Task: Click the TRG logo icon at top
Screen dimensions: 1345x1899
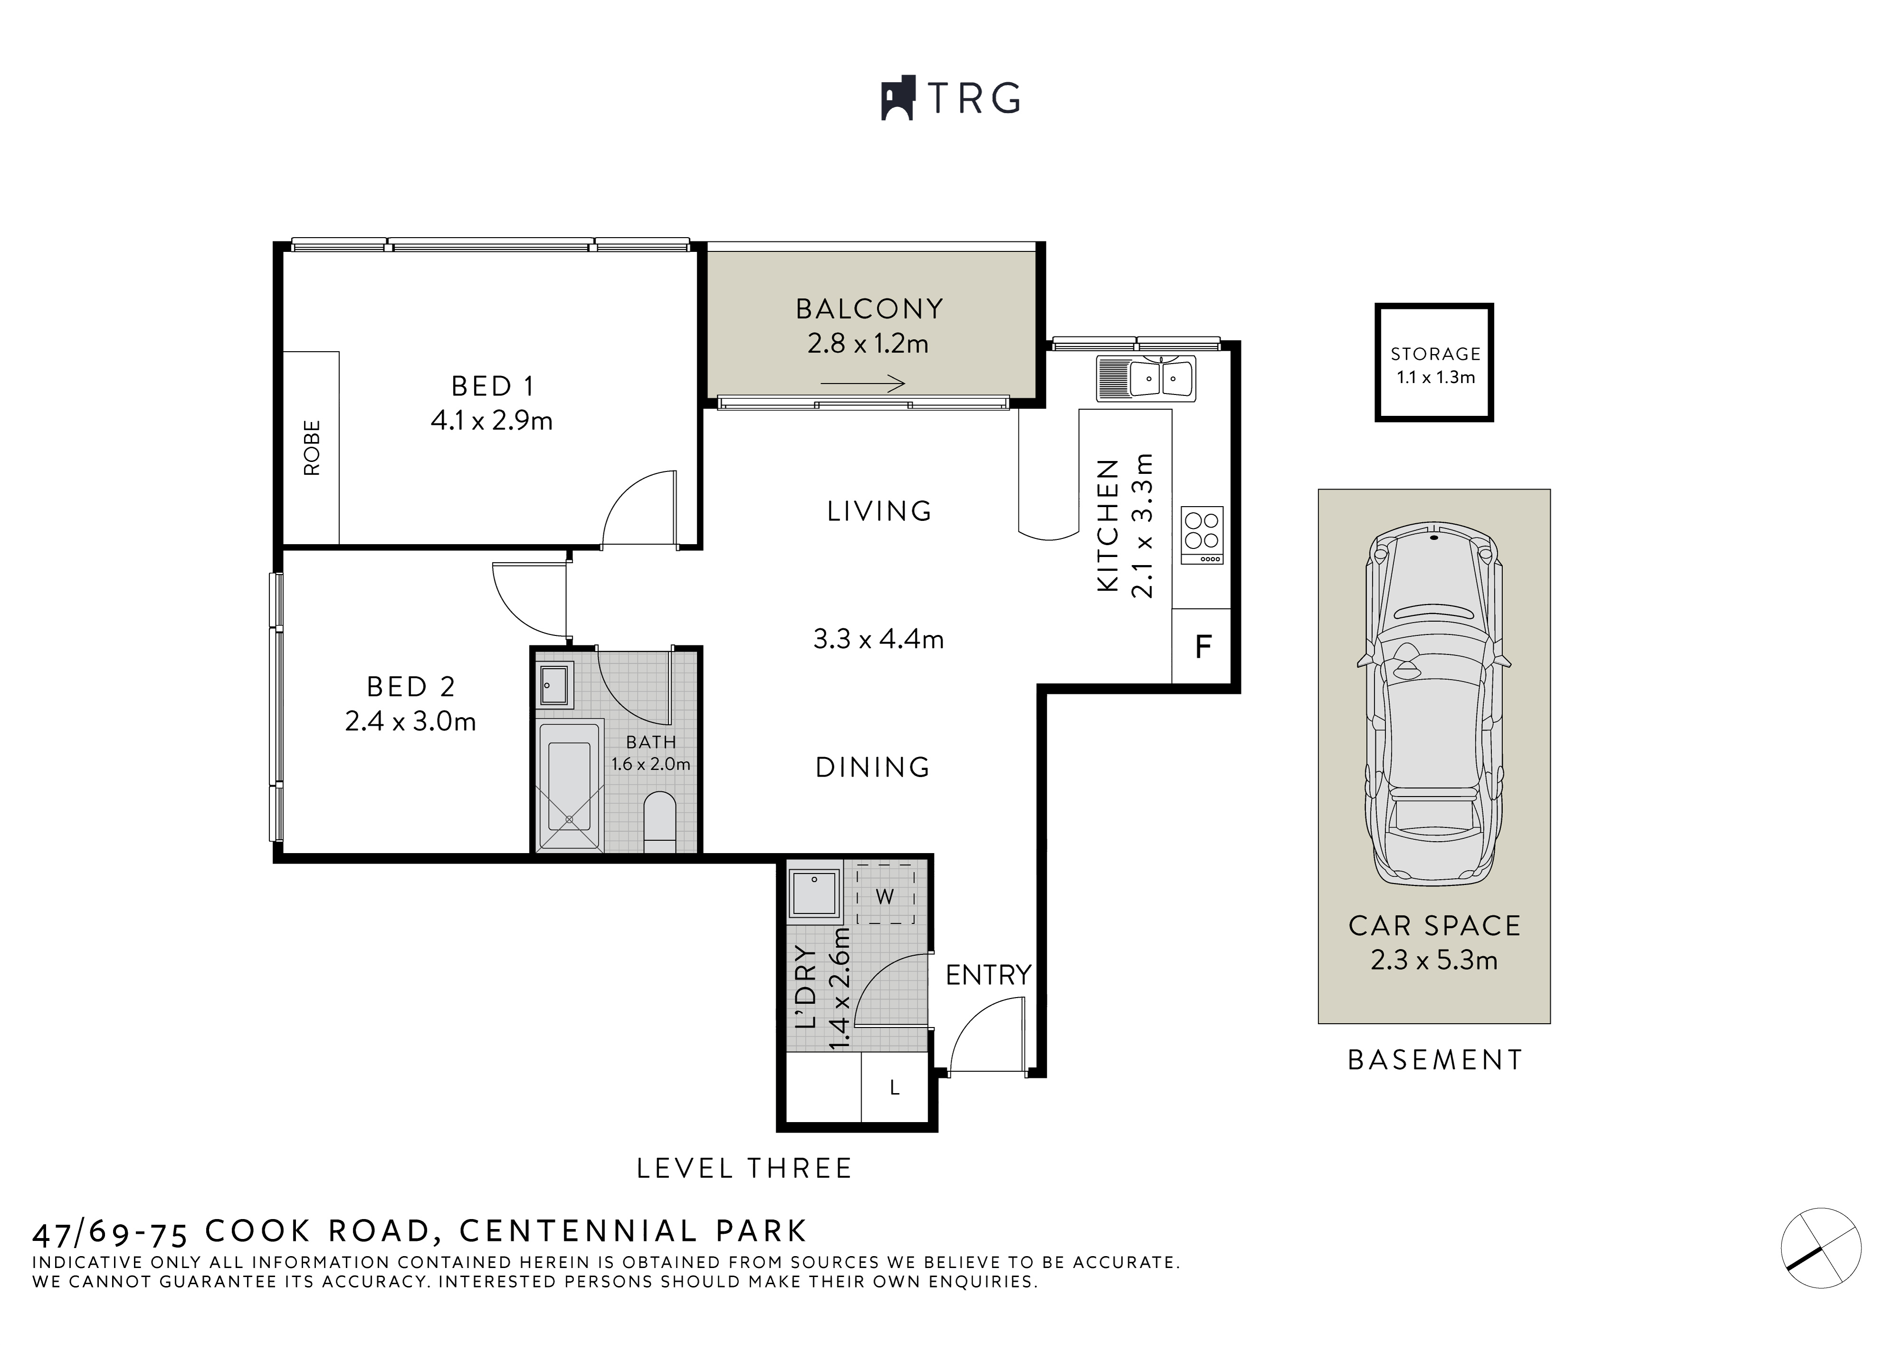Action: click(897, 98)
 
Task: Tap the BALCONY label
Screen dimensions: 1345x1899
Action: click(869, 309)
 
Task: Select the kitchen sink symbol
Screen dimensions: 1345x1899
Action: click(1147, 379)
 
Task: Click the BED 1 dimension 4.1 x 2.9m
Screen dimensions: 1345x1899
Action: click(492, 421)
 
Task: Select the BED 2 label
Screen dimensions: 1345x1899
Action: click(410, 687)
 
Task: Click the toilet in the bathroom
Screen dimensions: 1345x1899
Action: click(660, 820)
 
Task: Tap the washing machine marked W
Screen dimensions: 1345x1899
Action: click(885, 895)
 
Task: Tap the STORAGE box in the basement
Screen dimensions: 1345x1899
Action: click(1434, 363)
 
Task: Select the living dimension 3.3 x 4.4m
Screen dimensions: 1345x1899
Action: click(878, 639)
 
